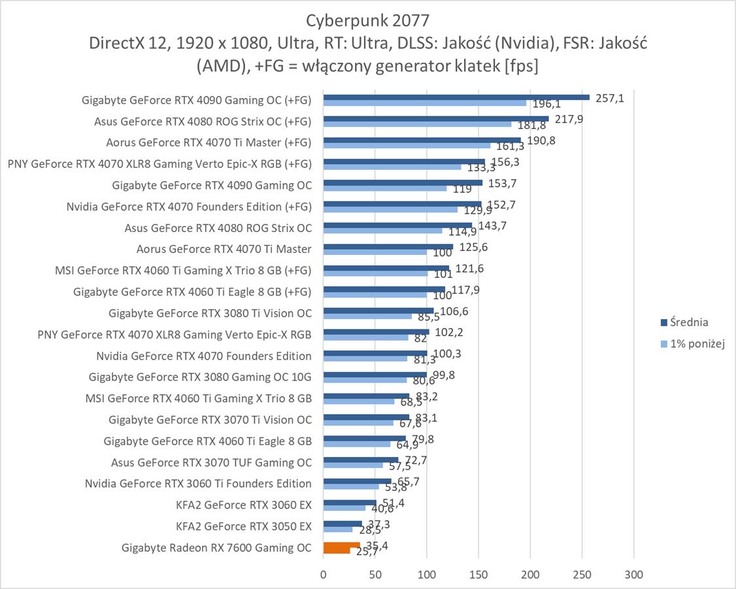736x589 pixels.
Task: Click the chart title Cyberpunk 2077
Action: (368, 18)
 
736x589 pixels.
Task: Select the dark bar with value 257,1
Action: (456, 97)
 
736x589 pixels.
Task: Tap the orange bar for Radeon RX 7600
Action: (341, 545)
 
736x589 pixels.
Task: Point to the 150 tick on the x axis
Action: (478, 575)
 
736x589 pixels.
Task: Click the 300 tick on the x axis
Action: (633, 575)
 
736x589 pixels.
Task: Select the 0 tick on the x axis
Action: (323, 575)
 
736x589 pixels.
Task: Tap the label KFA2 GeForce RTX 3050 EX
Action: (244, 526)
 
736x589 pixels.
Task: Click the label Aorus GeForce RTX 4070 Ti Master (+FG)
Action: (209, 143)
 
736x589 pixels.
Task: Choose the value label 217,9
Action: (568, 120)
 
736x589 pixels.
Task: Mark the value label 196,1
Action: (544, 105)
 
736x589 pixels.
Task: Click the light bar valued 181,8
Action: (417, 124)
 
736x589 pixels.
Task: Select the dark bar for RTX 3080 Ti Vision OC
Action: (378, 311)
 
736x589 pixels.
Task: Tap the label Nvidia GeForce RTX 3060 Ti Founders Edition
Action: (198, 484)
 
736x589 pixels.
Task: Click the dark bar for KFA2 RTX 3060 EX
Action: (350, 503)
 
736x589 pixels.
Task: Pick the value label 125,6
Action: (473, 247)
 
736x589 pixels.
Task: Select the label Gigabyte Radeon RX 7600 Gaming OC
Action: (216, 548)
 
